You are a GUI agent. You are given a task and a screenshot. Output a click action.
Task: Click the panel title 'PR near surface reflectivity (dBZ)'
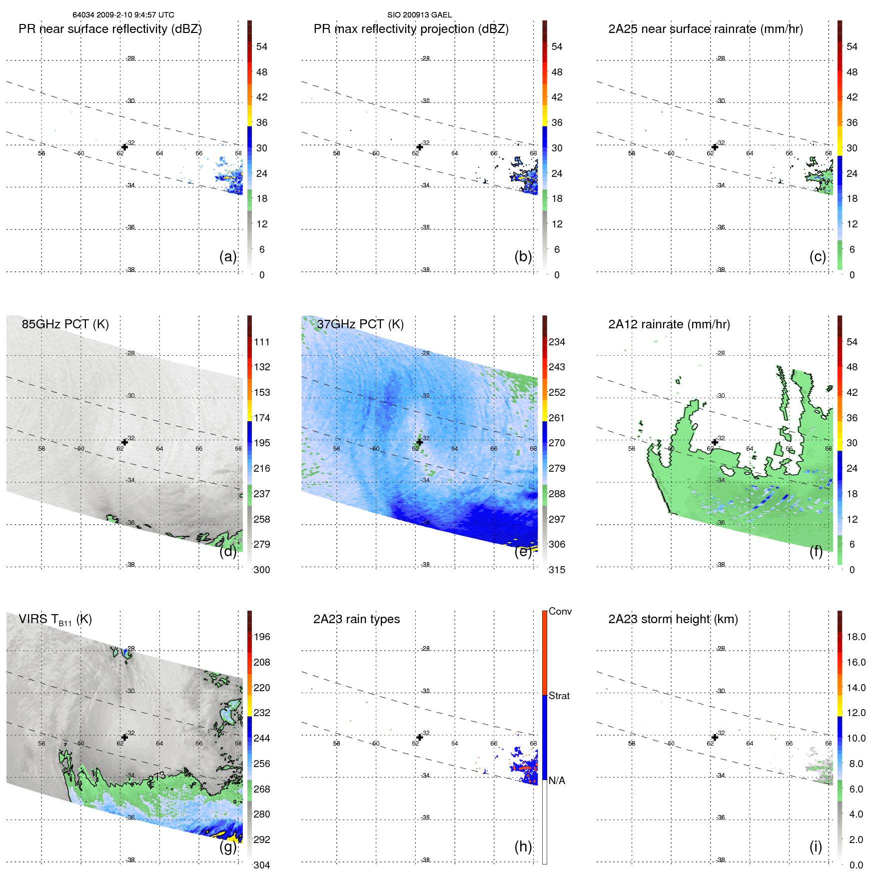click(x=110, y=29)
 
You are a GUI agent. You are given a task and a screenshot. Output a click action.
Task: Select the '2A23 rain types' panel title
click(x=356, y=619)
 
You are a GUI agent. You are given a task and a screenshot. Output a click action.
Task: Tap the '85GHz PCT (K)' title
click(x=65, y=324)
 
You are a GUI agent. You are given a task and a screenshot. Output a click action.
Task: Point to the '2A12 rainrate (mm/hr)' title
click(x=669, y=324)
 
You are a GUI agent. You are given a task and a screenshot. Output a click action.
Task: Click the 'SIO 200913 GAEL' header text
click(x=419, y=15)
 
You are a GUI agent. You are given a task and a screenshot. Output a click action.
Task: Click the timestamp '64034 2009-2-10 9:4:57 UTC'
click(x=123, y=15)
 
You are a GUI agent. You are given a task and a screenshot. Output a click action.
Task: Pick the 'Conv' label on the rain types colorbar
click(x=560, y=611)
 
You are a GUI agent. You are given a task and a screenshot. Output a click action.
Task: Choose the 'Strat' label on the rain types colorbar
click(x=559, y=696)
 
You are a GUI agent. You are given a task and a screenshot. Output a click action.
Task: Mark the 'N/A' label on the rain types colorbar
click(x=557, y=781)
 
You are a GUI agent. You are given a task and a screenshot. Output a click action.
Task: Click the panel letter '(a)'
click(x=228, y=256)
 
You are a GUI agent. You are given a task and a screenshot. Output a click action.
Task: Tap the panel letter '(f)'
click(x=816, y=551)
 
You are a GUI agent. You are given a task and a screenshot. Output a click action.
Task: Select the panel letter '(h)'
click(x=523, y=847)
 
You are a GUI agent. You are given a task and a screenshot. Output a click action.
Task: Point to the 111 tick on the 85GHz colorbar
click(x=262, y=342)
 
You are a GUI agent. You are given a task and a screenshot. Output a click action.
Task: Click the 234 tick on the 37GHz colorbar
click(x=557, y=342)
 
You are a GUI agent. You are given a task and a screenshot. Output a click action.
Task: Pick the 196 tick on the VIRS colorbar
click(x=262, y=637)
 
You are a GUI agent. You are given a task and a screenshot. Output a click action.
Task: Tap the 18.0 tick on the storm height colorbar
click(x=856, y=637)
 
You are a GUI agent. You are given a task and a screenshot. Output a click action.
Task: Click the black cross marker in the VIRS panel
click(x=124, y=737)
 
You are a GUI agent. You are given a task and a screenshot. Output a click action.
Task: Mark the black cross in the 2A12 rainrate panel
click(x=715, y=442)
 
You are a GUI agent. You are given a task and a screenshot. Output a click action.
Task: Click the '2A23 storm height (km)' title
click(x=673, y=619)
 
